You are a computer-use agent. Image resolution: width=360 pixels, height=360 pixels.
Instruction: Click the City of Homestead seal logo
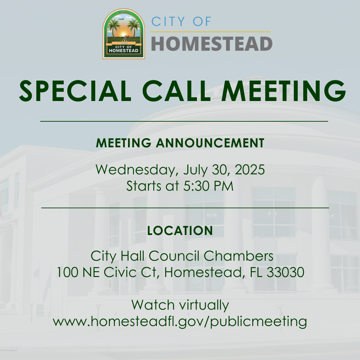pos(124,34)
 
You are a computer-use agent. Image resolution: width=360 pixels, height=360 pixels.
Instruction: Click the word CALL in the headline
pos(176,91)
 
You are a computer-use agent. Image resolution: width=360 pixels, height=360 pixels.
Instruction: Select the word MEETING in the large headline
pos(283,91)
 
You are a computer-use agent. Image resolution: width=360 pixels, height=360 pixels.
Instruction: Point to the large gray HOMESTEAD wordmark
pos(212,44)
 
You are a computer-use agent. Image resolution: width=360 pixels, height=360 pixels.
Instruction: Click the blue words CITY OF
pos(181,22)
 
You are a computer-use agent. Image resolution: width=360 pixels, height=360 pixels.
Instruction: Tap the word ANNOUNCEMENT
pos(210,143)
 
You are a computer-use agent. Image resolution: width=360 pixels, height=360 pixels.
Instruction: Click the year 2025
pos(250,169)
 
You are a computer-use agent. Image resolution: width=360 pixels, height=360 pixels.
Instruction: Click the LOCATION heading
pos(180,231)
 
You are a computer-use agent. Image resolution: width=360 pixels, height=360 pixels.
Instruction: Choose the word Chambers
pos(239,256)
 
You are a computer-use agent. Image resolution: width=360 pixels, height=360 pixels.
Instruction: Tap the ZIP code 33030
pos(285,272)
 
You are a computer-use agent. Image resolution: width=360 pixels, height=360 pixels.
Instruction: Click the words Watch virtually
pos(180,305)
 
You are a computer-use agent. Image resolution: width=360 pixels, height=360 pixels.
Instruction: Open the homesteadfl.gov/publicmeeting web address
pos(180,321)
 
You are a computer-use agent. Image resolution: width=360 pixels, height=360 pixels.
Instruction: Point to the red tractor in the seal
pos(127,36)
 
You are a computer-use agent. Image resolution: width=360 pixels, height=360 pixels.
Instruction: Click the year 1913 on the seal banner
pos(124,43)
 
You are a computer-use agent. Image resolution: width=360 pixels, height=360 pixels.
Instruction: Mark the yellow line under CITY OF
pos(211,32)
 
